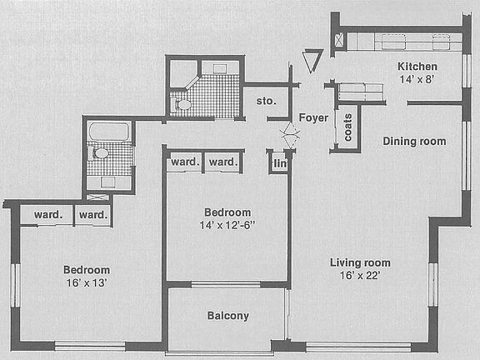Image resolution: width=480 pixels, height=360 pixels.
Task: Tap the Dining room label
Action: pos(414,141)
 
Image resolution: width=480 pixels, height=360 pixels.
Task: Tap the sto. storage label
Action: pos(266,102)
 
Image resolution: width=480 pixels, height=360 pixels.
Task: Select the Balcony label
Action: pos(227,316)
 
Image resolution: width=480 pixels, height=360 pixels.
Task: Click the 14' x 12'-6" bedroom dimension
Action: pos(227,226)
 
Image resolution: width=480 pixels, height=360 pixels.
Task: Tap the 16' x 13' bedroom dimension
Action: pos(87,283)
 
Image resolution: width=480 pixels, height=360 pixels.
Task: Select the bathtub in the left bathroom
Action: pos(109,132)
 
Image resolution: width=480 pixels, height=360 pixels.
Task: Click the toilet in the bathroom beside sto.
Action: pos(183,104)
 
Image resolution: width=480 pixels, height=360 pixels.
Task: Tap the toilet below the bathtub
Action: pos(100,153)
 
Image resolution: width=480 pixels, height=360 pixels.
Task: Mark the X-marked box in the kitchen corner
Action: pos(338,40)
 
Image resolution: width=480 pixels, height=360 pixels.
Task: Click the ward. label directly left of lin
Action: pos(222,161)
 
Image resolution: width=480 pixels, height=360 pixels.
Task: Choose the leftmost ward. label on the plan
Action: pos(48,215)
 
